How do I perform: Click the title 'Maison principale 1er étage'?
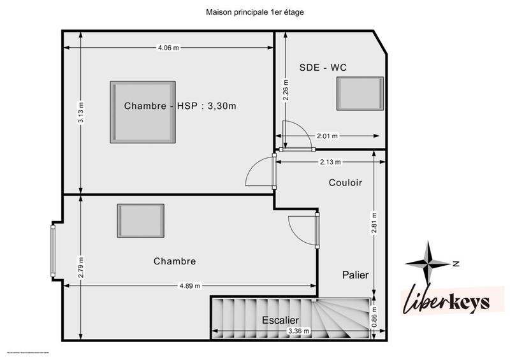click(x=254, y=11)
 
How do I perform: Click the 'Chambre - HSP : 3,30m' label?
click(x=180, y=106)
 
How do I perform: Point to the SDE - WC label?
click(x=323, y=68)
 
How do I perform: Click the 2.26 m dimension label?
click(x=286, y=89)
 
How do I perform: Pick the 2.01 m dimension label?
click(x=327, y=136)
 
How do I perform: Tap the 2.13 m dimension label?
click(x=330, y=162)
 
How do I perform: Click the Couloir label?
click(x=346, y=183)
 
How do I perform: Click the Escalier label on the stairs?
click(x=280, y=319)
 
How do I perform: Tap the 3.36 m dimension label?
click(x=299, y=331)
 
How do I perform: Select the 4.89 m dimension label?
click(x=188, y=285)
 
